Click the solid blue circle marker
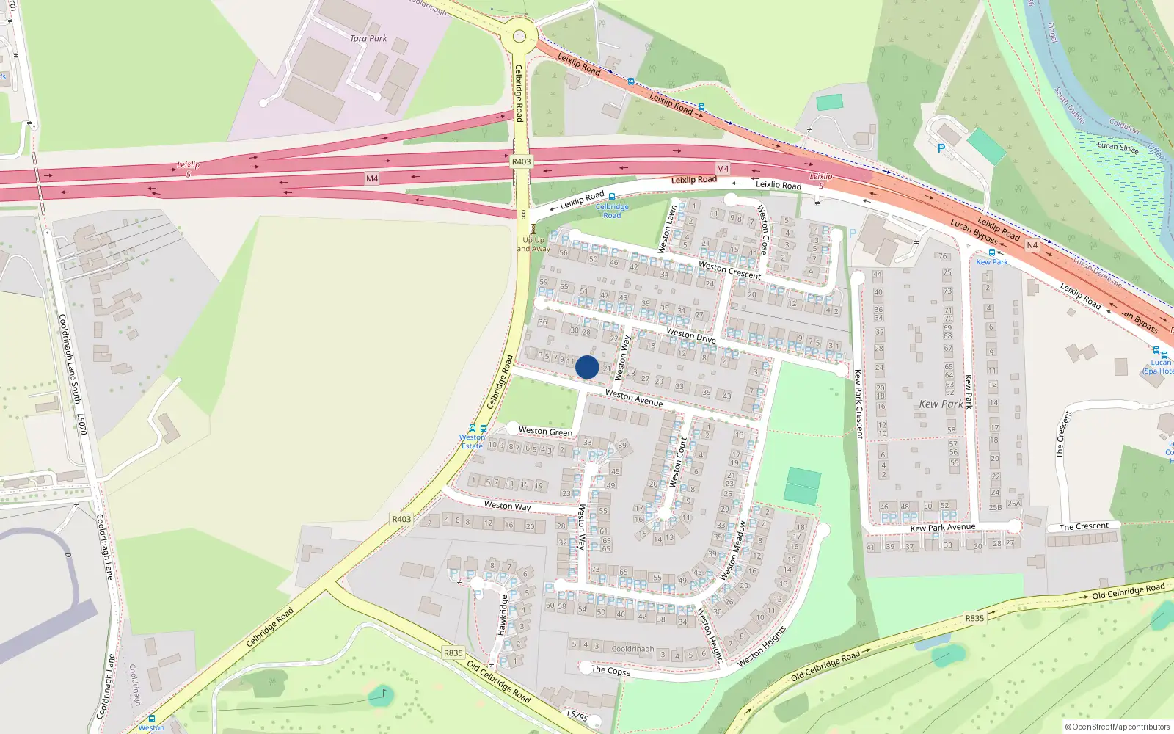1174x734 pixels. click(x=587, y=367)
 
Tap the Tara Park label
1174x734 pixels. click(x=368, y=38)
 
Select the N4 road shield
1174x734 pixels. click(x=1032, y=245)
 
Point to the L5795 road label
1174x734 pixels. click(x=577, y=716)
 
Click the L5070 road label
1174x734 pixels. click(x=82, y=424)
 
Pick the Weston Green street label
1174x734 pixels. click(x=545, y=432)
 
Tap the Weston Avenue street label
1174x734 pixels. click(x=633, y=399)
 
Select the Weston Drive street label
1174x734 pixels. click(x=690, y=335)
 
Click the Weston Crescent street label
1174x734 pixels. click(x=729, y=269)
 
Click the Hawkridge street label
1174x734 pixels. click(x=503, y=615)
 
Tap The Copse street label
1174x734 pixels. click(x=610, y=670)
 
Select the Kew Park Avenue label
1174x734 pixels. click(x=943, y=527)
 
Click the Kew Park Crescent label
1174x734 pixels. click(x=857, y=404)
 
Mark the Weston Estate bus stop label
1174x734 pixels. click(x=473, y=442)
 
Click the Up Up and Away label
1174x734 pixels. click(x=533, y=244)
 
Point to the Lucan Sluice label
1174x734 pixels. click(x=1118, y=147)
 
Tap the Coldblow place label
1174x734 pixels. click(x=1124, y=127)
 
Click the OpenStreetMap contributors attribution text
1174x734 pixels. click(x=1117, y=727)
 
